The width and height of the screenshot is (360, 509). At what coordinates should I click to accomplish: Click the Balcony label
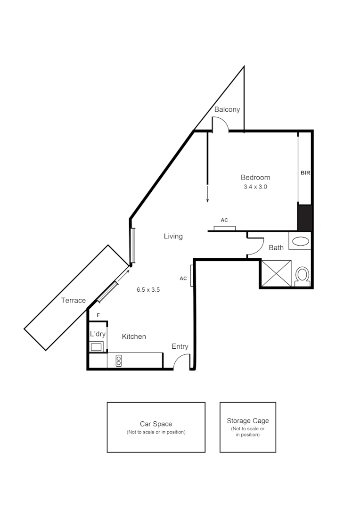(227, 110)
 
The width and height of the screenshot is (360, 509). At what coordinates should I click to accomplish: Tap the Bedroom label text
(255, 178)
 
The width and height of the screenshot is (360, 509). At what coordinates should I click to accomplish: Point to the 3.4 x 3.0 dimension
(255, 187)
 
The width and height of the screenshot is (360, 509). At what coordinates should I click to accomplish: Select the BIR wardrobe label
(305, 173)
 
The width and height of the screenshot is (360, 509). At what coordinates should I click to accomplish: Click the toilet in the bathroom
(302, 276)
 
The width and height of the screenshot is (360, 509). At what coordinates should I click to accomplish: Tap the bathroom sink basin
(300, 242)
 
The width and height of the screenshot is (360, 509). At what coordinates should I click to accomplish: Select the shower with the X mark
(276, 273)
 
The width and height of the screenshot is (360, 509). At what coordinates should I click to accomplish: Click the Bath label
(276, 247)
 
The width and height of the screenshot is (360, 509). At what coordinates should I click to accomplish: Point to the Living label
(173, 236)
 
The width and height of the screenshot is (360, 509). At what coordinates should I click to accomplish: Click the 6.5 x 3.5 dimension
(148, 290)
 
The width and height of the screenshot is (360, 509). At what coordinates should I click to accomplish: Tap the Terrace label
(74, 300)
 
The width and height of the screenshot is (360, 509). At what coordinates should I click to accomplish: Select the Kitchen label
(134, 337)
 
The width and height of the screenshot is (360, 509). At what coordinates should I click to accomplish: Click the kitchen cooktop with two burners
(118, 361)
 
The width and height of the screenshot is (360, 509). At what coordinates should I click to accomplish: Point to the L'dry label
(98, 334)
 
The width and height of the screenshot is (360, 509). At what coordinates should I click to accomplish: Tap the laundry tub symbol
(98, 347)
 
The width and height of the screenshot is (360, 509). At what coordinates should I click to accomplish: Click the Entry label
(180, 346)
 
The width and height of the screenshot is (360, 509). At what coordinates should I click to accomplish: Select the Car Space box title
(156, 424)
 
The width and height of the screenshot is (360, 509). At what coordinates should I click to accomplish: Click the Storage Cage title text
(248, 421)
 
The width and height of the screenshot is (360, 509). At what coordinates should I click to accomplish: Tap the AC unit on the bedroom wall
(224, 228)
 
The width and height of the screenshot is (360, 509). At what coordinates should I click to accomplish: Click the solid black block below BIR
(304, 217)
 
